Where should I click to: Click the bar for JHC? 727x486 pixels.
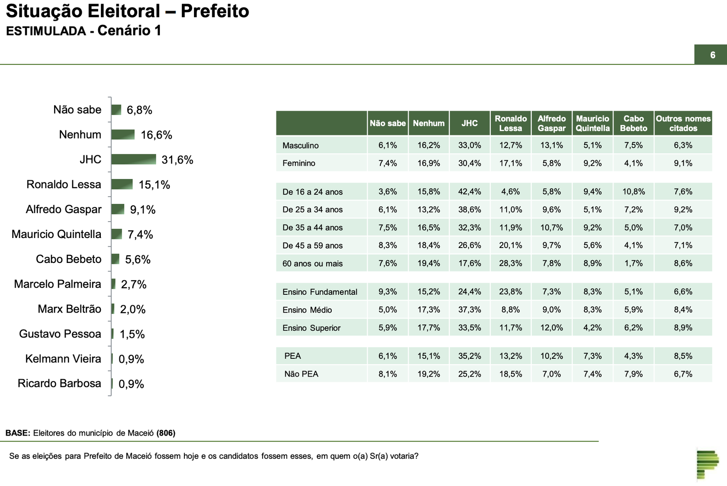click(134, 159)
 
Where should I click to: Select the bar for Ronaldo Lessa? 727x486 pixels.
click(122, 184)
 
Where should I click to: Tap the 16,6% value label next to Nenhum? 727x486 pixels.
click(156, 135)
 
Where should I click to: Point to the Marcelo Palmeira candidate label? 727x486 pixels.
click(58, 284)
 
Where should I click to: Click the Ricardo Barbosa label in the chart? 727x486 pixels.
click(60, 383)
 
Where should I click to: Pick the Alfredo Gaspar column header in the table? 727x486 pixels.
click(552, 123)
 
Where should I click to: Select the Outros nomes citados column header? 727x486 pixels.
click(683, 123)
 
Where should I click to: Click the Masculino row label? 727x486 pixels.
click(300, 145)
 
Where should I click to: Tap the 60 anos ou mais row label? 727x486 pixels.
click(313, 263)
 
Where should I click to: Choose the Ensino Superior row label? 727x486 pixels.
click(311, 328)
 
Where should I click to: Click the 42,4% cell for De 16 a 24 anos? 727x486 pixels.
click(469, 192)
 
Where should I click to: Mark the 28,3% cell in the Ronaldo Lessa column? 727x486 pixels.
click(510, 263)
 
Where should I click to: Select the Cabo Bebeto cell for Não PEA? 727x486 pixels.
click(633, 374)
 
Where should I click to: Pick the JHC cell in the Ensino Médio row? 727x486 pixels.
click(469, 310)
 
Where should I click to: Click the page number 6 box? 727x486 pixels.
click(712, 55)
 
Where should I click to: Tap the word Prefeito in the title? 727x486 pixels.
click(215, 11)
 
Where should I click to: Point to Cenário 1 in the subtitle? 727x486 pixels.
click(129, 30)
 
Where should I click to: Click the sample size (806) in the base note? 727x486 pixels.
click(166, 433)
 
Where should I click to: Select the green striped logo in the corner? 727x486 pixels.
click(707, 463)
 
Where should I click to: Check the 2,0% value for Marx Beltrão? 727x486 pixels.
click(133, 309)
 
